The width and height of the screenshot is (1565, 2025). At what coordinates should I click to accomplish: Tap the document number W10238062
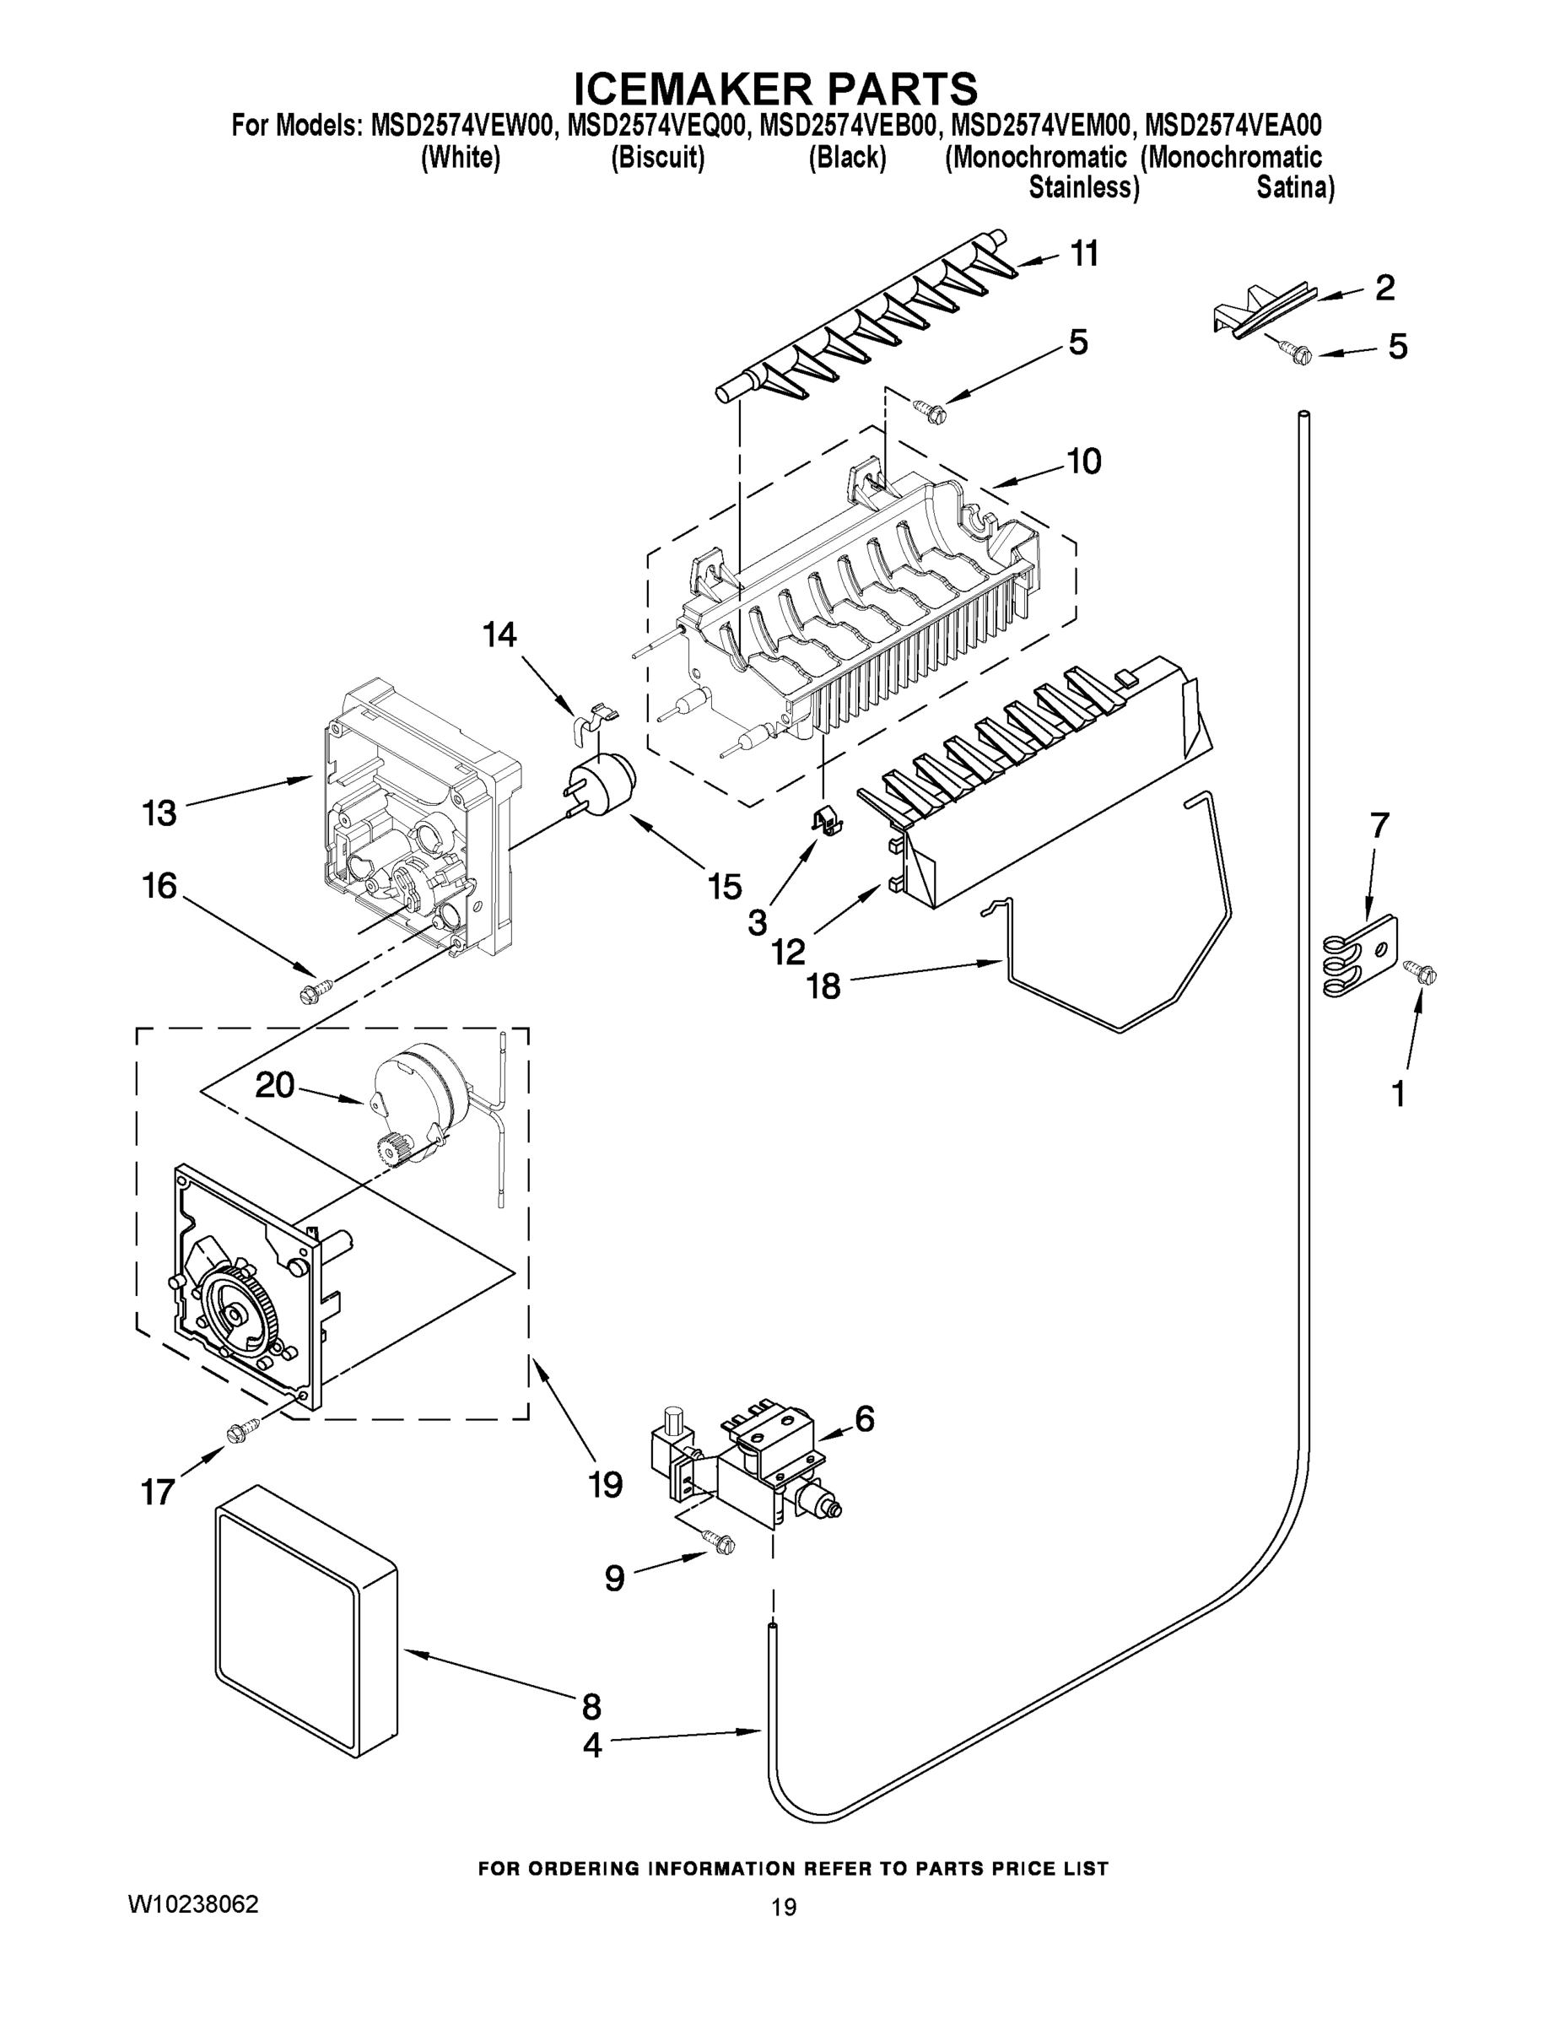pyautogui.click(x=193, y=1903)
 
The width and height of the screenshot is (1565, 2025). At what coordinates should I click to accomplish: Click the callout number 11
pyautogui.click(x=1084, y=253)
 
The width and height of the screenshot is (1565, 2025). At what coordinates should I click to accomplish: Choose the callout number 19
pyautogui.click(x=606, y=1484)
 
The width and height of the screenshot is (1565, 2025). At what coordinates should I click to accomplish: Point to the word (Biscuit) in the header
pyautogui.click(x=657, y=158)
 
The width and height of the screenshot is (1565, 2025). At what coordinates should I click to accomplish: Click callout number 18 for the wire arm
pyautogui.click(x=823, y=984)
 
